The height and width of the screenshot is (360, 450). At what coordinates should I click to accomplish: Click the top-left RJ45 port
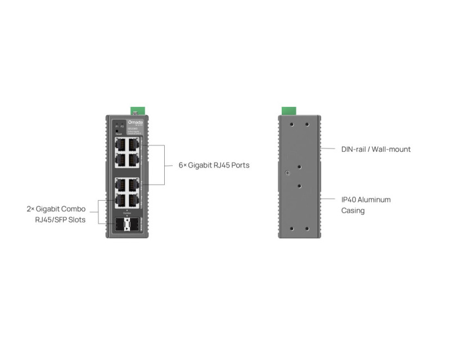tap(120, 144)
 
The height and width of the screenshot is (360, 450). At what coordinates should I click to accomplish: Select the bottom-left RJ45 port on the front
tap(120, 200)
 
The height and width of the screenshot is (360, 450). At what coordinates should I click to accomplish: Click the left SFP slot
tap(120, 225)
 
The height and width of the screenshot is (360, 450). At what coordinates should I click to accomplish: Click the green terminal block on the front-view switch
tap(135, 110)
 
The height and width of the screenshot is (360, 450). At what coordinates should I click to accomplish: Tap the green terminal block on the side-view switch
tap(289, 110)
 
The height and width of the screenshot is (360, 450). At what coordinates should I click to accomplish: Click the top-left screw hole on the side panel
tap(291, 125)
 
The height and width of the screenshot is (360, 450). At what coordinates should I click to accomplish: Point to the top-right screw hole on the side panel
tap(307, 125)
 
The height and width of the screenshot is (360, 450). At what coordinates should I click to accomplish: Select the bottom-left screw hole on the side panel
tap(291, 228)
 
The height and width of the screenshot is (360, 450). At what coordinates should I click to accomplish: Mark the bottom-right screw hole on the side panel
tap(307, 228)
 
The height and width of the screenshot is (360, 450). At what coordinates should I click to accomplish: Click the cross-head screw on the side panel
tap(287, 174)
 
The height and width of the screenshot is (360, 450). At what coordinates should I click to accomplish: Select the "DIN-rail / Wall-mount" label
tap(376, 150)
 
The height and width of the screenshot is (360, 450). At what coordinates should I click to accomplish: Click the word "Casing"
tap(353, 211)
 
